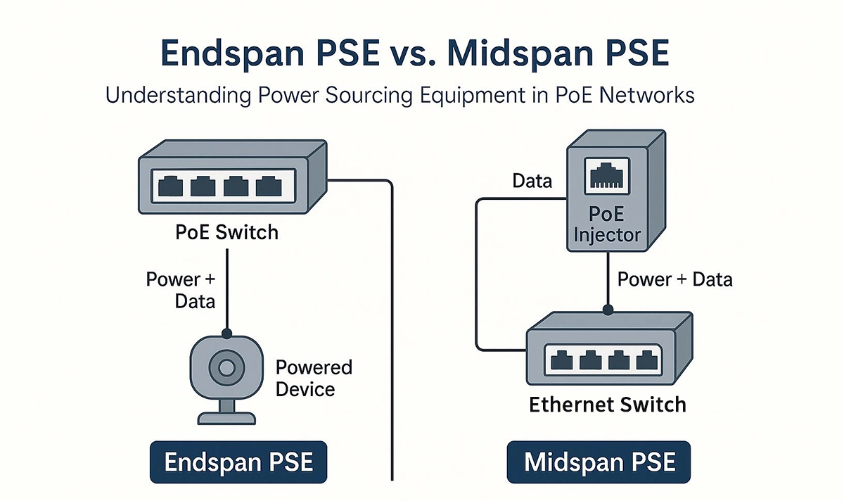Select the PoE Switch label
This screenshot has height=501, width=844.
226,232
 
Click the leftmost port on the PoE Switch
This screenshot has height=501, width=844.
172,186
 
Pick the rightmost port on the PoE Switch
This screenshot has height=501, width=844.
269,186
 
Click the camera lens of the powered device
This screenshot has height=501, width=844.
226,367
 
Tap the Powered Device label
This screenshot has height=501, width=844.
314,378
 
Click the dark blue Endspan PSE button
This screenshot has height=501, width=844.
238,462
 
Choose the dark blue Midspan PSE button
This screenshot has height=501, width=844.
599,462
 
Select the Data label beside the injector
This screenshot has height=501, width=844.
532,182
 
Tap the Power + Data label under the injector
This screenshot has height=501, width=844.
674,279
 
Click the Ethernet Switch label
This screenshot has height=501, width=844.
607,405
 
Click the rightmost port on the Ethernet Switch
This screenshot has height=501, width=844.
648,360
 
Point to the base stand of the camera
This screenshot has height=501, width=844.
226,413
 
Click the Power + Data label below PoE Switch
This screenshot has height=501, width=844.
180,289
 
